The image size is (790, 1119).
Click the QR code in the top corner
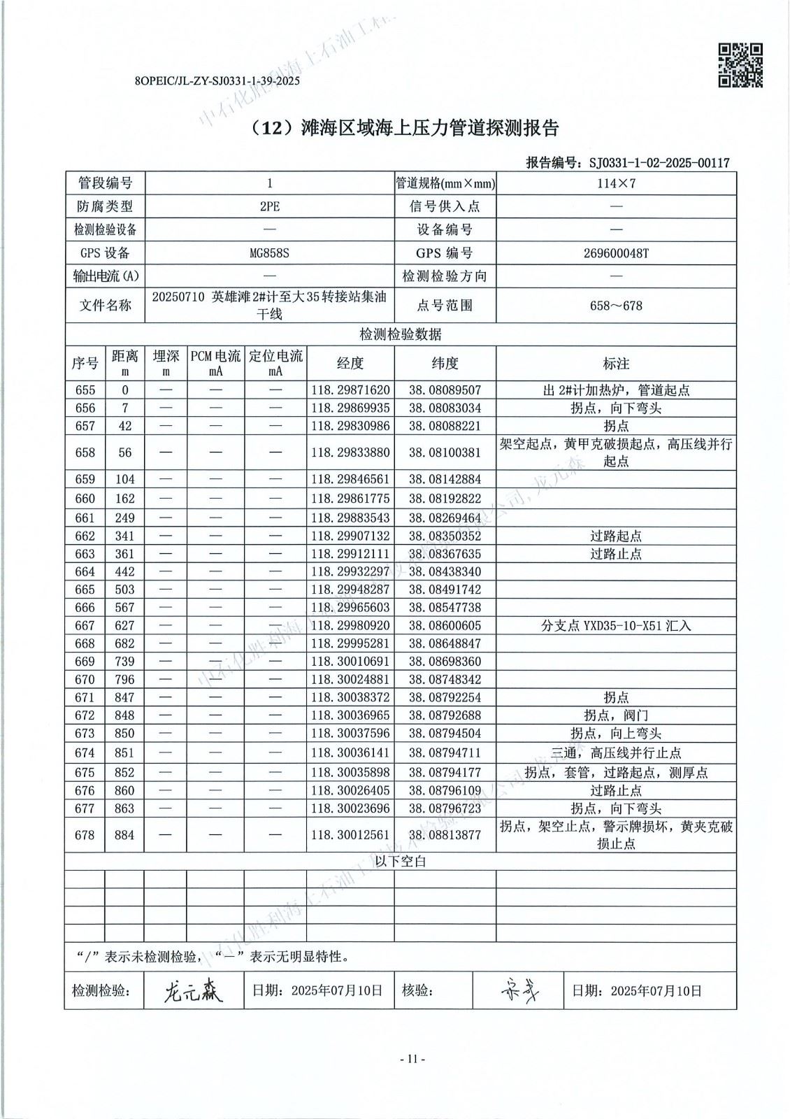point(740,66)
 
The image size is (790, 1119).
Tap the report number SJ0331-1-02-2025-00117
point(659,163)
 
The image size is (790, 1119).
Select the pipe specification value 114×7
point(616,184)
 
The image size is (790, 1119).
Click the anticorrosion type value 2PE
point(269,207)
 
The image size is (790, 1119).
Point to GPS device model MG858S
point(269,253)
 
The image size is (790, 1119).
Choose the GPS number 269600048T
point(616,253)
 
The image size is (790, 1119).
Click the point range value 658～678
point(616,306)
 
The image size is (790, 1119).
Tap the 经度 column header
point(350,363)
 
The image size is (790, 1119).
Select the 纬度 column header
point(445,363)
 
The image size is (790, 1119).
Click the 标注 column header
point(616,364)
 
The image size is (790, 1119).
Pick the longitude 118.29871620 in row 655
point(350,390)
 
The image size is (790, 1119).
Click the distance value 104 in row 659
point(124,480)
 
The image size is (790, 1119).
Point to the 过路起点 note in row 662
point(616,536)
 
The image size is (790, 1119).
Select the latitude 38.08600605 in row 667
point(445,626)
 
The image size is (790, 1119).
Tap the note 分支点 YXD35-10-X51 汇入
point(616,626)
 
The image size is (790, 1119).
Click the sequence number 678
point(85,835)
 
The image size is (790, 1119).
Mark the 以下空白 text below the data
point(400,862)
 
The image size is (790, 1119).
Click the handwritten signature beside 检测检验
point(193,990)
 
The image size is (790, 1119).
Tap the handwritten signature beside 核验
point(520,990)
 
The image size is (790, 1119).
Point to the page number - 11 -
point(411,1059)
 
